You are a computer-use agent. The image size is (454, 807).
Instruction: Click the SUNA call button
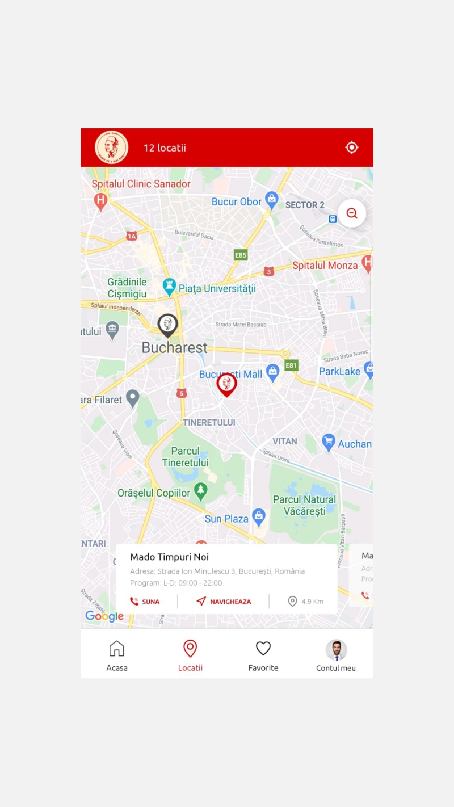tap(145, 602)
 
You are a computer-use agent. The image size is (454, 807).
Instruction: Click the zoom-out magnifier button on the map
tap(352, 213)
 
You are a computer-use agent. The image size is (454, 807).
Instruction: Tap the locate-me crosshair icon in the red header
tap(352, 148)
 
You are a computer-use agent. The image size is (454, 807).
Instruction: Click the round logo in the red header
tap(112, 148)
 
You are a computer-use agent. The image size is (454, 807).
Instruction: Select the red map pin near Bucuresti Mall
tap(226, 384)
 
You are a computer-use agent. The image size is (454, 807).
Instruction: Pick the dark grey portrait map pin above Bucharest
tap(167, 325)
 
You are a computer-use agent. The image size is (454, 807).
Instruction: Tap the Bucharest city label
tap(174, 348)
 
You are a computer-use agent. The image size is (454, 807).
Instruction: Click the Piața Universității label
tap(217, 288)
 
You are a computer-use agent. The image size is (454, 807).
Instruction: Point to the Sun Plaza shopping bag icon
tap(259, 516)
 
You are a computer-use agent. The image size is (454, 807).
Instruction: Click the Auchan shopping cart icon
tap(329, 442)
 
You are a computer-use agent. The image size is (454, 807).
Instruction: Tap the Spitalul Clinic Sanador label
tap(141, 184)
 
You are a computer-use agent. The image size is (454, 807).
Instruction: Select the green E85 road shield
tap(241, 255)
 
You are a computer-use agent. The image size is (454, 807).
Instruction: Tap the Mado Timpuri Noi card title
tap(170, 557)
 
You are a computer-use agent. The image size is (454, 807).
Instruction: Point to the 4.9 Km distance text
tap(312, 602)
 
